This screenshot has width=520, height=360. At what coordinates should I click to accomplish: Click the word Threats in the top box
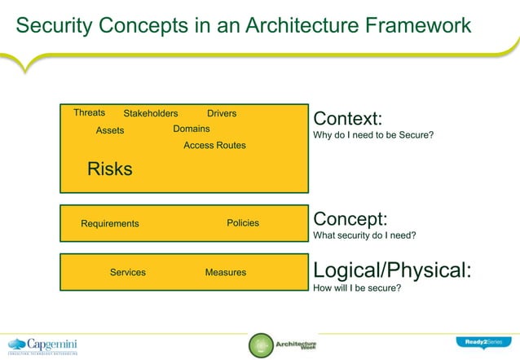89,112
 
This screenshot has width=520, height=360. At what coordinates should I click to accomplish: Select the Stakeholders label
151,113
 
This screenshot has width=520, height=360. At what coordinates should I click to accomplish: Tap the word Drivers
222,113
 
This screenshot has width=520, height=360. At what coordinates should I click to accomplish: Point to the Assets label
110,130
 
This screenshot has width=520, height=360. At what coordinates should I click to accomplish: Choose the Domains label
192,129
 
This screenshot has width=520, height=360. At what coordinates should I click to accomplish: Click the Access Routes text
214,145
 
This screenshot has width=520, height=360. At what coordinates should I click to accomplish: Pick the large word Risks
109,169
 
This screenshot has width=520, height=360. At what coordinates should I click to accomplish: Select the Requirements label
110,224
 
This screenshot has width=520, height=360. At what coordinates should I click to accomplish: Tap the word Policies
243,223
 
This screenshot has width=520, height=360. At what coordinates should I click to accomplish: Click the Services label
128,272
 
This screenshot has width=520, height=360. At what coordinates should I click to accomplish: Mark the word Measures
226,272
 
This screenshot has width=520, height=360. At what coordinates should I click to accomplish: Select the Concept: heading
350,220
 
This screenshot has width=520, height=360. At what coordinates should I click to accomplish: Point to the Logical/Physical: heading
392,270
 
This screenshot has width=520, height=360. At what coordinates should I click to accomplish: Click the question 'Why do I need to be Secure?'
373,135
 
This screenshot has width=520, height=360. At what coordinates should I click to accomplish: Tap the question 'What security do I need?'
365,236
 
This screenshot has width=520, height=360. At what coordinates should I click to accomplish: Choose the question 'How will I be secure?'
357,287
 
